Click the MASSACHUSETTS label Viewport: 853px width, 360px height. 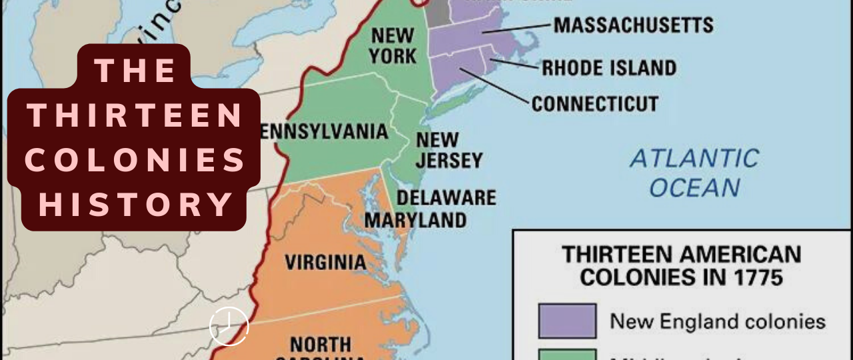point(633,26)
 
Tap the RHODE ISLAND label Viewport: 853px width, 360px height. point(608,67)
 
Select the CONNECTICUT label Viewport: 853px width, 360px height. point(594,104)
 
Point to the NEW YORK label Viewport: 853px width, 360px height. point(393,45)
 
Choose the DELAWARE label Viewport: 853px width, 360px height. point(446,197)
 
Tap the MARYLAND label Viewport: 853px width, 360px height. point(415,219)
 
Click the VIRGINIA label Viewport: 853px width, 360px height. point(325,261)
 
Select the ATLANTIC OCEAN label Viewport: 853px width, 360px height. point(694,173)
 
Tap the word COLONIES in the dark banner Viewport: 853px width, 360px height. point(135,161)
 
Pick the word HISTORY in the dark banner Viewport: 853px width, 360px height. point(135,205)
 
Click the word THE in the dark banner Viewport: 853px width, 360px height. point(135,71)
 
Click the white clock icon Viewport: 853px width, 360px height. point(229,326)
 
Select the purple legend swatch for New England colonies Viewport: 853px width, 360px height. point(567,321)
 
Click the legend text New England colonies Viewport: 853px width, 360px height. point(718,321)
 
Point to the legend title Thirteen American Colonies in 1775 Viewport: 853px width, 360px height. point(681,265)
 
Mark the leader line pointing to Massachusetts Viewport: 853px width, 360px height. point(517,29)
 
